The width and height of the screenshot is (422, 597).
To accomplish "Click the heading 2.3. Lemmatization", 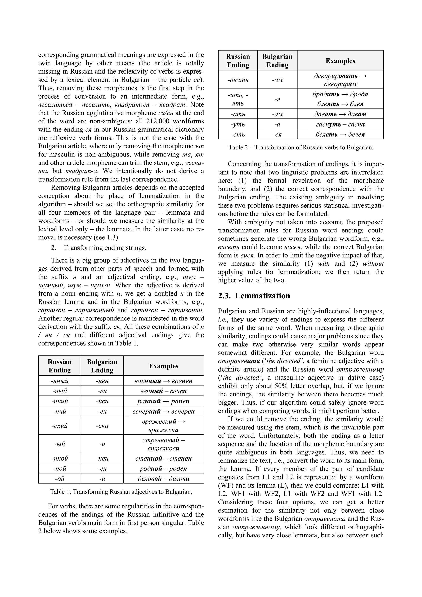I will point(254,296).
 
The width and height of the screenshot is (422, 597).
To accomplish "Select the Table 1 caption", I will point(121,492).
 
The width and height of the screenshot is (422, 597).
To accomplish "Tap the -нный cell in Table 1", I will point(60,381).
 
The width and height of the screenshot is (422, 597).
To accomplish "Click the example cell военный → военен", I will point(164,381).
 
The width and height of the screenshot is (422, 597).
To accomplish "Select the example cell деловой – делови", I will point(164,479).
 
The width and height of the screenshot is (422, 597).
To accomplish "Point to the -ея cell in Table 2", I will point(277,134).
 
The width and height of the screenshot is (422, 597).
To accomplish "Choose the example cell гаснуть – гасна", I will point(340,124).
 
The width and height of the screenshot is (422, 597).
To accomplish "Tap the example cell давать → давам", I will point(340,114).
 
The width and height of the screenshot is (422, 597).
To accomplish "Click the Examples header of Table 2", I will point(340,61).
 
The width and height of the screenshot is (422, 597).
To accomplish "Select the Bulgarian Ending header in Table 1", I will point(102,366).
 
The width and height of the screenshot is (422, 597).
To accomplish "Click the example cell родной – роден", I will point(164,469).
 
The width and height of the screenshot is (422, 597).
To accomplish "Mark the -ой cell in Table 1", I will point(60,479).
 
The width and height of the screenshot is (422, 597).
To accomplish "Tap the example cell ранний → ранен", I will point(164,401).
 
